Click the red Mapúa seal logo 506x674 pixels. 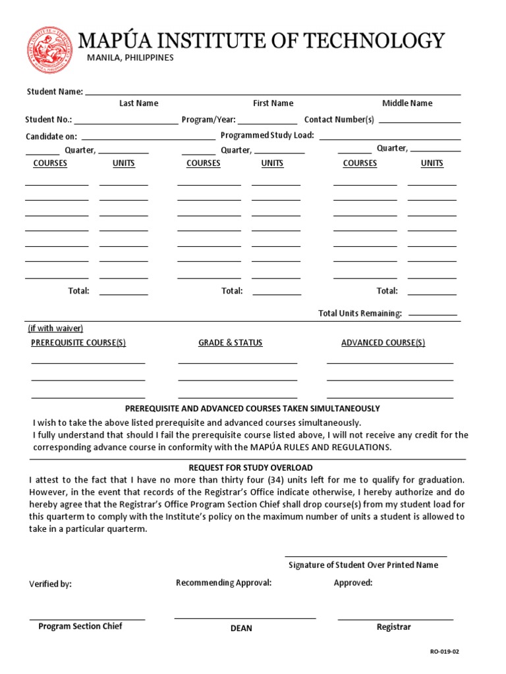point(51,50)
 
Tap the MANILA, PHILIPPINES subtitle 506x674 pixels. point(130,58)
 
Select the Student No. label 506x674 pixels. point(48,120)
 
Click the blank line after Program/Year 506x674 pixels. point(267,121)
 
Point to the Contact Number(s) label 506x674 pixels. point(339,120)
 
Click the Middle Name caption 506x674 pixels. point(407,103)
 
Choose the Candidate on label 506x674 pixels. point(51,136)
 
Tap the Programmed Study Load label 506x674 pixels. point(267,136)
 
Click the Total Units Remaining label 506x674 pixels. point(360,313)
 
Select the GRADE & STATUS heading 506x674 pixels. point(230,343)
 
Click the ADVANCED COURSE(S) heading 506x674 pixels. point(383,343)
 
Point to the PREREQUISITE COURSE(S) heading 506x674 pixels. point(78,343)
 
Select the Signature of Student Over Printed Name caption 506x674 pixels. point(363,565)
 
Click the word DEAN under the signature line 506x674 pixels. point(241,629)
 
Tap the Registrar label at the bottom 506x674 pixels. point(393,627)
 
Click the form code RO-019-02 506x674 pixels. point(444,652)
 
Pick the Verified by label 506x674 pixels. point(50,584)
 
